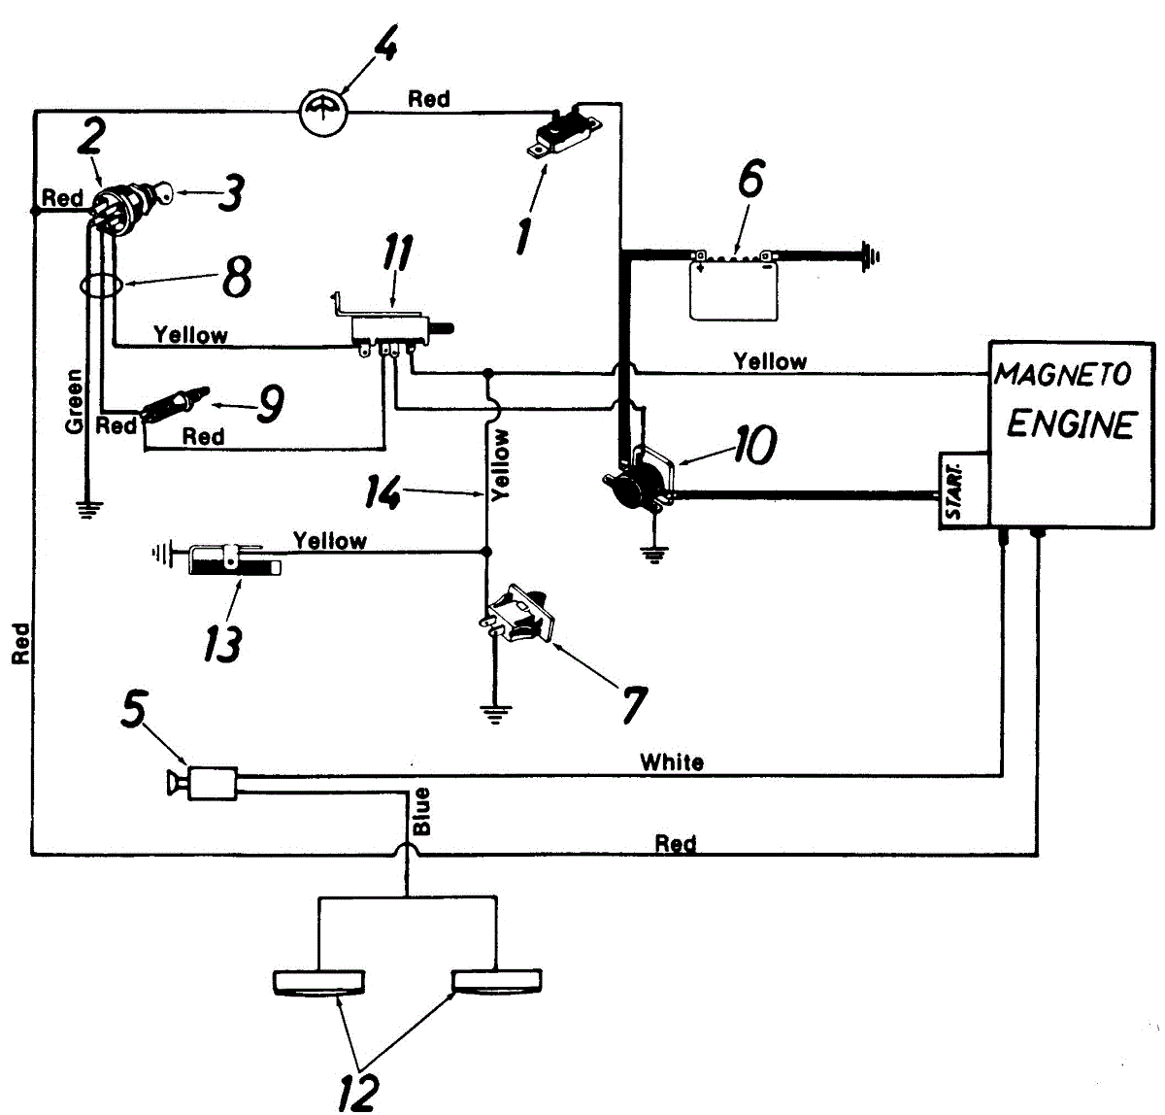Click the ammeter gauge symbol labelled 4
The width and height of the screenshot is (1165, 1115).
pyautogui.click(x=322, y=113)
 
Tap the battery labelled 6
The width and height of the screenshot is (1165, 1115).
pyautogui.click(x=734, y=285)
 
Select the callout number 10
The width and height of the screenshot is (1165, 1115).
pyautogui.click(x=754, y=444)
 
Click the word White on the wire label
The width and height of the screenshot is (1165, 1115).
pyautogui.click(x=672, y=762)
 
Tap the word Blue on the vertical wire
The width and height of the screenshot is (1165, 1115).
pyautogui.click(x=421, y=811)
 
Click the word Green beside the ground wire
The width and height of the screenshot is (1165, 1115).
pyautogui.click(x=74, y=401)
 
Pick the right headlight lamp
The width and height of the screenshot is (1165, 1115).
pyautogui.click(x=497, y=982)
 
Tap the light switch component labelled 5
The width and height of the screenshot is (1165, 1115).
pyautogui.click(x=204, y=783)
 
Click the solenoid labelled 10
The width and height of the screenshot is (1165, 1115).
pyautogui.click(x=640, y=482)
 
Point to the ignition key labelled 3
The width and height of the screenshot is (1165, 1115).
pyautogui.click(x=161, y=193)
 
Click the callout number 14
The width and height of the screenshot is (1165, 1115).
pyautogui.click(x=383, y=491)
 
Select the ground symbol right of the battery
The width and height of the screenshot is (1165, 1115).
pyautogui.click(x=870, y=256)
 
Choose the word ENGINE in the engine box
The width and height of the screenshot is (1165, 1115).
pyautogui.click(x=1070, y=424)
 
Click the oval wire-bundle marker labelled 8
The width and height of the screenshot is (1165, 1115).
pyautogui.click(x=102, y=287)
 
